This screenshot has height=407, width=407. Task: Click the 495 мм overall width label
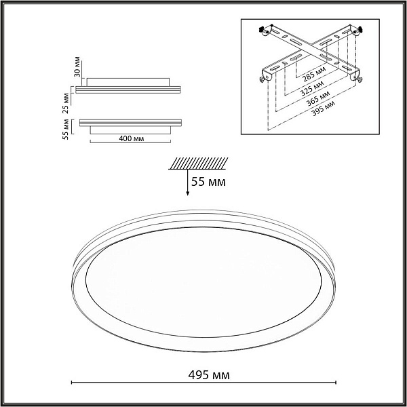click(x=209, y=375)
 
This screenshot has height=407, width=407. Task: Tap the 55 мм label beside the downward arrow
click(x=208, y=182)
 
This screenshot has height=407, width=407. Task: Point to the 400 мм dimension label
click(x=132, y=138)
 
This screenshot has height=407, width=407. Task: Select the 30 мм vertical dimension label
click(x=77, y=66)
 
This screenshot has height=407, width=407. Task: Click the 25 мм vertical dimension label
click(x=66, y=103)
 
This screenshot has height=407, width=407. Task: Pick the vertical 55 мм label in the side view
click(x=66, y=130)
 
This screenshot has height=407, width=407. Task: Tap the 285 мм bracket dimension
click(x=314, y=74)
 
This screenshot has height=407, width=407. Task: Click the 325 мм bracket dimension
click(x=312, y=88)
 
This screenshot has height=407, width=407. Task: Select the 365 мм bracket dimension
click(x=319, y=98)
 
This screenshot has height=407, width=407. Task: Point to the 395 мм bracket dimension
click(x=323, y=109)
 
